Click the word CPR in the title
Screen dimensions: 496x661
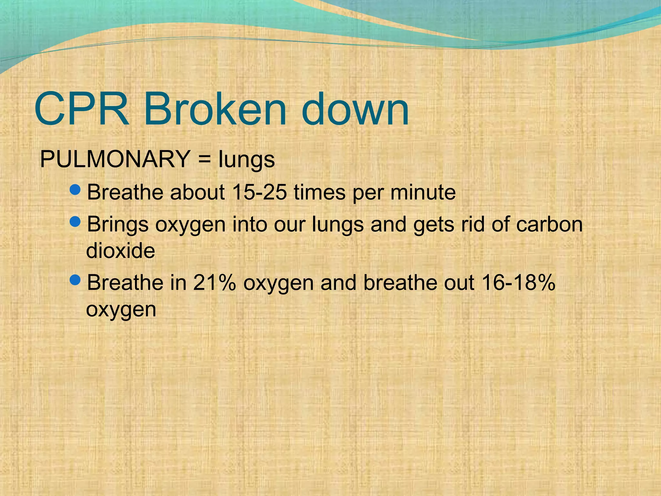coord(82,109)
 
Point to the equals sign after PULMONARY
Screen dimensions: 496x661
coord(204,160)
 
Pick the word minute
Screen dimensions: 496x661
coord(423,192)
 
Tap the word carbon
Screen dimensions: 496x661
coord(549,224)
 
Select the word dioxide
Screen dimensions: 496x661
coord(120,251)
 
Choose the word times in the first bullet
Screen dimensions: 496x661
coord(320,192)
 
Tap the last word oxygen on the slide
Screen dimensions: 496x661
coord(121,310)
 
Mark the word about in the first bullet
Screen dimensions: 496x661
coord(197,192)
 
